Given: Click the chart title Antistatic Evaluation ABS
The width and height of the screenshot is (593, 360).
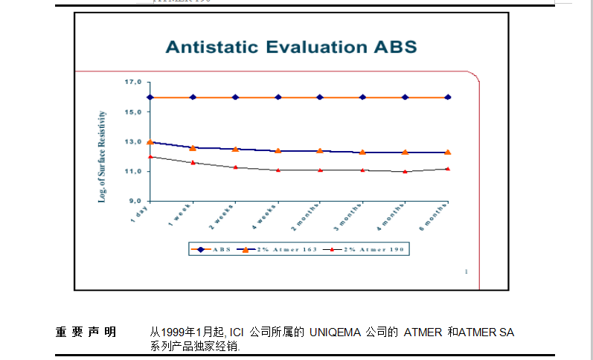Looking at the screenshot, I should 291,48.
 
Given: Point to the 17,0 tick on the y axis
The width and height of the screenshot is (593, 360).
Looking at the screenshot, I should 133,82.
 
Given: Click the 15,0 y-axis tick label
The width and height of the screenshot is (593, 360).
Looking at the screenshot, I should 133,112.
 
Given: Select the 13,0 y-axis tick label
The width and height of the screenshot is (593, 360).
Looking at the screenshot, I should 133,142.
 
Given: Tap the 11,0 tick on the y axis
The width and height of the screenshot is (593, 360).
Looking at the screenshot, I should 133,172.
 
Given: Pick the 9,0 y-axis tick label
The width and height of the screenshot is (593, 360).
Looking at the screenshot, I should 135,202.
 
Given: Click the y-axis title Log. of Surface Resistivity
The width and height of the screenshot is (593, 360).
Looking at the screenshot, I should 103,157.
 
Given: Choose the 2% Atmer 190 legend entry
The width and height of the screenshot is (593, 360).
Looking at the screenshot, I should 373,250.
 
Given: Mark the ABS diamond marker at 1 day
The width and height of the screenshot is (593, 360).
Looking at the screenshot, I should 150,97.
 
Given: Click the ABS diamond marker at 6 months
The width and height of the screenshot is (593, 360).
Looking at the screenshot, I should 448,97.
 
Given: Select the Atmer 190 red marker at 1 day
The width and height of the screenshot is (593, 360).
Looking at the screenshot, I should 150,157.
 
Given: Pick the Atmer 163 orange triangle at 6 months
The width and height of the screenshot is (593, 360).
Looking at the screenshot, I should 448,152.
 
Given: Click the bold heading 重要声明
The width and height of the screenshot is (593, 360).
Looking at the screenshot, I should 86,332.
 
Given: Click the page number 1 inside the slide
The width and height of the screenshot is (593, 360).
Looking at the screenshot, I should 466,271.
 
